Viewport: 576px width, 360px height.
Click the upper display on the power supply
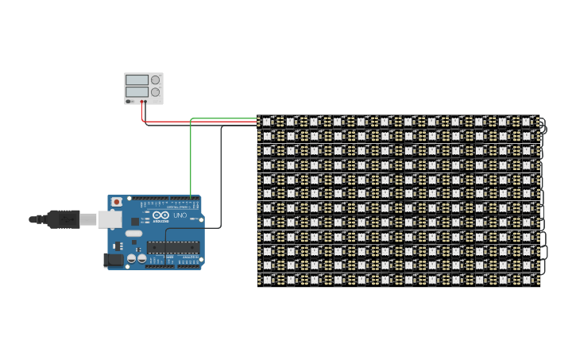point(137,79)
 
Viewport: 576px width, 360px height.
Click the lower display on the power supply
point(137,92)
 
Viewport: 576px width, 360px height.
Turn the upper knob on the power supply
point(155,79)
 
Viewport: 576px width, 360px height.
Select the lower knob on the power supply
point(155,92)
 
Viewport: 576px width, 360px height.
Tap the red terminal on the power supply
point(142,102)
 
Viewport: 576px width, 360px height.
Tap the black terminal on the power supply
point(146,102)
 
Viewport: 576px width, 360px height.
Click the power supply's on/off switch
point(130,102)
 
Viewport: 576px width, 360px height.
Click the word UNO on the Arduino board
point(180,215)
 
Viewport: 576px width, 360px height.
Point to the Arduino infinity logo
point(161,215)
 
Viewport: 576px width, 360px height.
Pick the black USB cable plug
point(63,219)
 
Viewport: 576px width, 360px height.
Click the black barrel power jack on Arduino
point(115,260)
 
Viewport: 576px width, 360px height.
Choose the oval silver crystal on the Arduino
point(133,234)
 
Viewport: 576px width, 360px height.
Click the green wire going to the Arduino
point(191,159)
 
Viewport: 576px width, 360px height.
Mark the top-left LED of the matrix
point(267,122)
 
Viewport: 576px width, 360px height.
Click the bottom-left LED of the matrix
point(267,279)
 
